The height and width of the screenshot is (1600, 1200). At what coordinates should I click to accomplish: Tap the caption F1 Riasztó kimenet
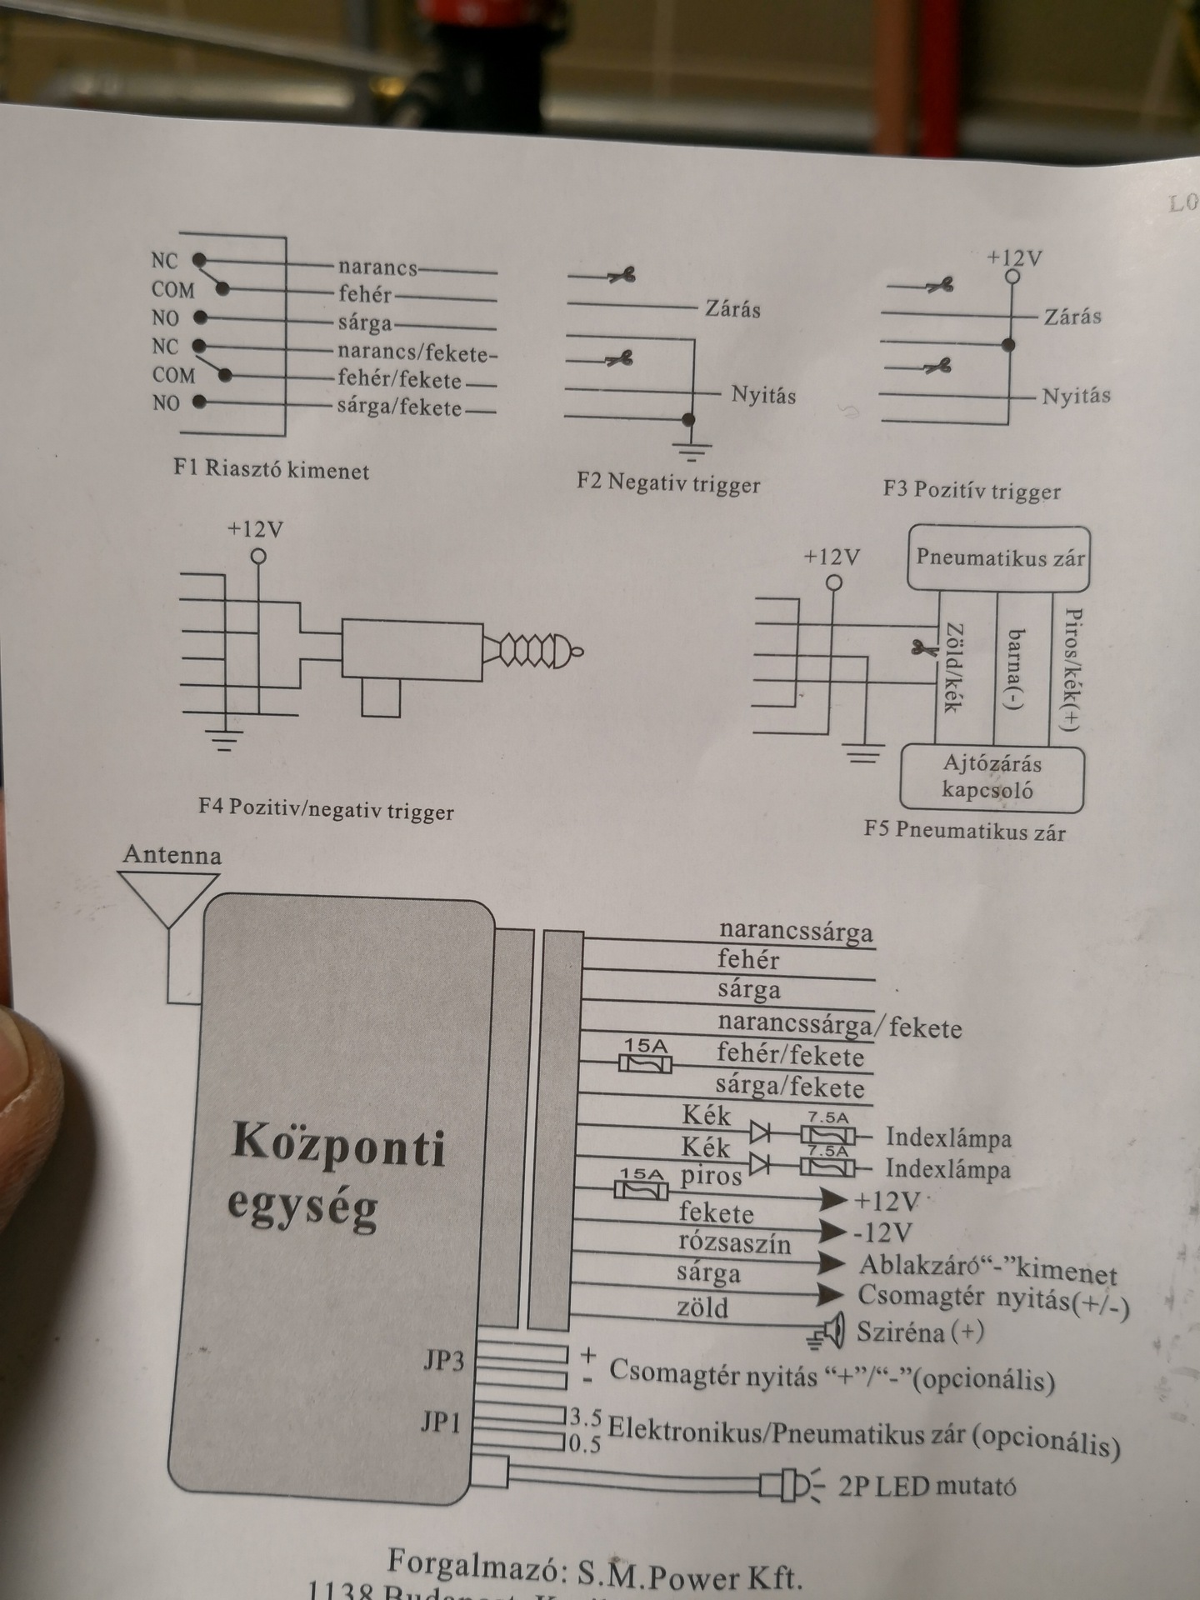click(272, 468)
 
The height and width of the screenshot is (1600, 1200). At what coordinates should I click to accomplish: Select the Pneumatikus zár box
click(999, 557)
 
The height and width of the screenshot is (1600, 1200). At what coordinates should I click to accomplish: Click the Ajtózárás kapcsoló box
click(992, 777)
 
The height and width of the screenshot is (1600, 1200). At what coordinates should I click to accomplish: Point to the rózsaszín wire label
click(734, 1243)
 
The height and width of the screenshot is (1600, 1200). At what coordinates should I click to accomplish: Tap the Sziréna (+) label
click(920, 1331)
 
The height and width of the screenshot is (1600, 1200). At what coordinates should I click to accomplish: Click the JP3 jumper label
click(442, 1361)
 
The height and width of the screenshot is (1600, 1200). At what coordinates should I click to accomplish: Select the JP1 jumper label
click(440, 1422)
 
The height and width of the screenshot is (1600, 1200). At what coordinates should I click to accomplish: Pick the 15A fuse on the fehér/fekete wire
click(645, 1063)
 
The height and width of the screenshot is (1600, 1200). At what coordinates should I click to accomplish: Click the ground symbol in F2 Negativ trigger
click(691, 451)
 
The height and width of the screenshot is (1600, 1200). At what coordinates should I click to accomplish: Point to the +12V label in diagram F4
click(255, 529)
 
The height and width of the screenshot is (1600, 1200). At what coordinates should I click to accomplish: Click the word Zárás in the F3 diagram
click(1072, 317)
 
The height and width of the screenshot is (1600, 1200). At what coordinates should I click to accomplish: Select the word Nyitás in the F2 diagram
click(763, 394)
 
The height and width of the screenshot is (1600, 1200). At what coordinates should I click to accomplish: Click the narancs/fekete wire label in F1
click(417, 353)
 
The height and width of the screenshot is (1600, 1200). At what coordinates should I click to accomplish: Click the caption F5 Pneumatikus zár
click(964, 831)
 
